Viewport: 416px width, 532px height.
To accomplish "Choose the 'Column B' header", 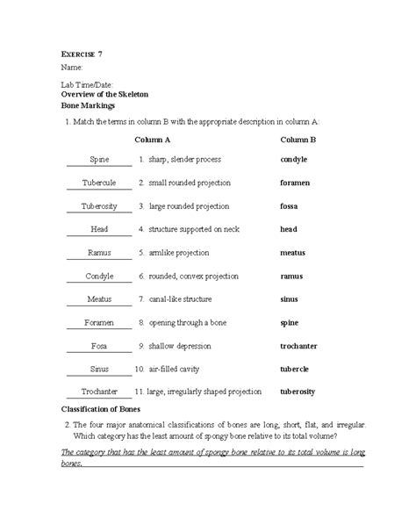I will point(298,140).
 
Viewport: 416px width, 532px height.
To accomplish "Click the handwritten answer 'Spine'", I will point(98,160).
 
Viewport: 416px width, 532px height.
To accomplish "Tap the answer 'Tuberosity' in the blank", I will point(98,206).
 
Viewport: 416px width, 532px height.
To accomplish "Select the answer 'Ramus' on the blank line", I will point(98,253).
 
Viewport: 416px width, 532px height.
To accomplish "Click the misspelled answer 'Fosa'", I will point(98,346).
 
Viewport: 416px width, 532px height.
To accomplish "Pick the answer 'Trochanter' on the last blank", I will point(98,392).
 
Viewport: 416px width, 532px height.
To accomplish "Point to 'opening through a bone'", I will point(190,322).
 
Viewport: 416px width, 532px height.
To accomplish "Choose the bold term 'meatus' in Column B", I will point(293,253).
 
